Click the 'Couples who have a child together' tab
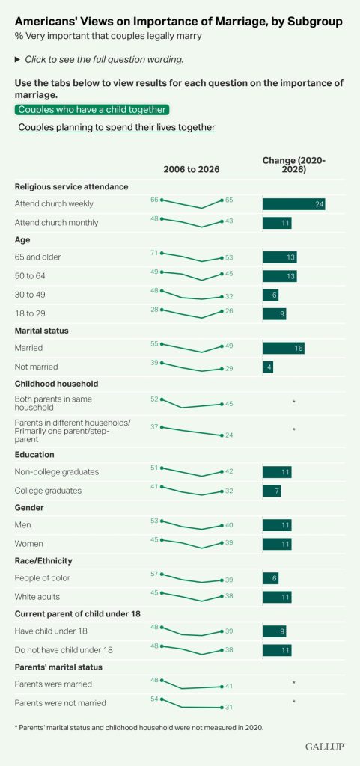(92, 110)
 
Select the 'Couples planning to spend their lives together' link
(117, 127)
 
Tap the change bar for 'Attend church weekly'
(293, 203)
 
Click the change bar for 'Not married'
(268, 367)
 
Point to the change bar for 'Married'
(284, 349)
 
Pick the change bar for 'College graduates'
(272, 491)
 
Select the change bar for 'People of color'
(271, 578)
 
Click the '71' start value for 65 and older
(155, 253)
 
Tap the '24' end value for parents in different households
(229, 435)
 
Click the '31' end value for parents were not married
(229, 708)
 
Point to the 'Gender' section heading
(29, 508)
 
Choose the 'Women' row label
(28, 544)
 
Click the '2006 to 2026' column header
(192, 170)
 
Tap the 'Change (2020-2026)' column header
(294, 165)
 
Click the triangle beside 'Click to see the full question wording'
(17, 60)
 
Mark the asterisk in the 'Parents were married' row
(294, 682)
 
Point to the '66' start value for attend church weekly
(155, 199)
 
